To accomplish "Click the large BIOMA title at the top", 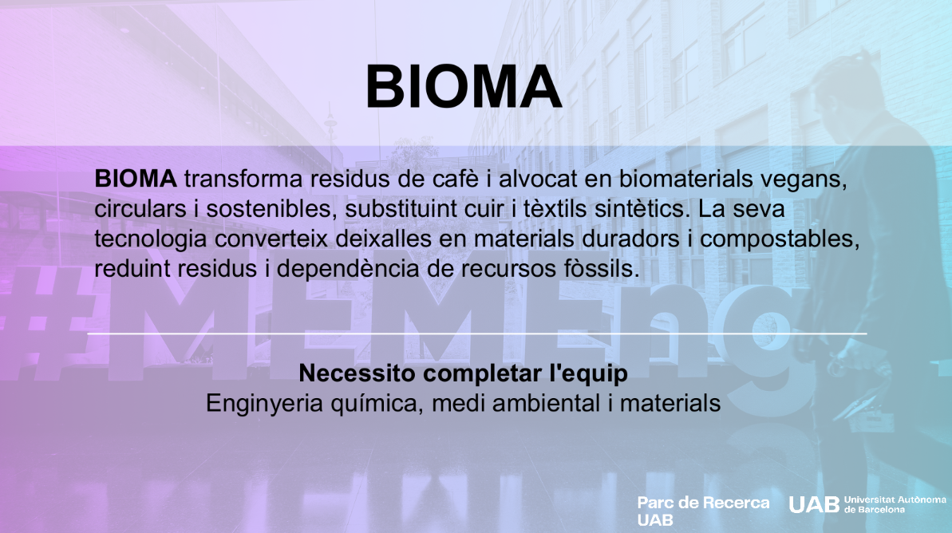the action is (x=464, y=87).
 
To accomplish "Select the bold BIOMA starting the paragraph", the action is (x=136, y=179).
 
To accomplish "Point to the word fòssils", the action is (x=601, y=268).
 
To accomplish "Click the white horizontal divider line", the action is (x=477, y=334).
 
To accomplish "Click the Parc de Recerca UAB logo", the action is (x=703, y=511).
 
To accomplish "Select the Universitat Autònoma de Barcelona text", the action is (x=895, y=504).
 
